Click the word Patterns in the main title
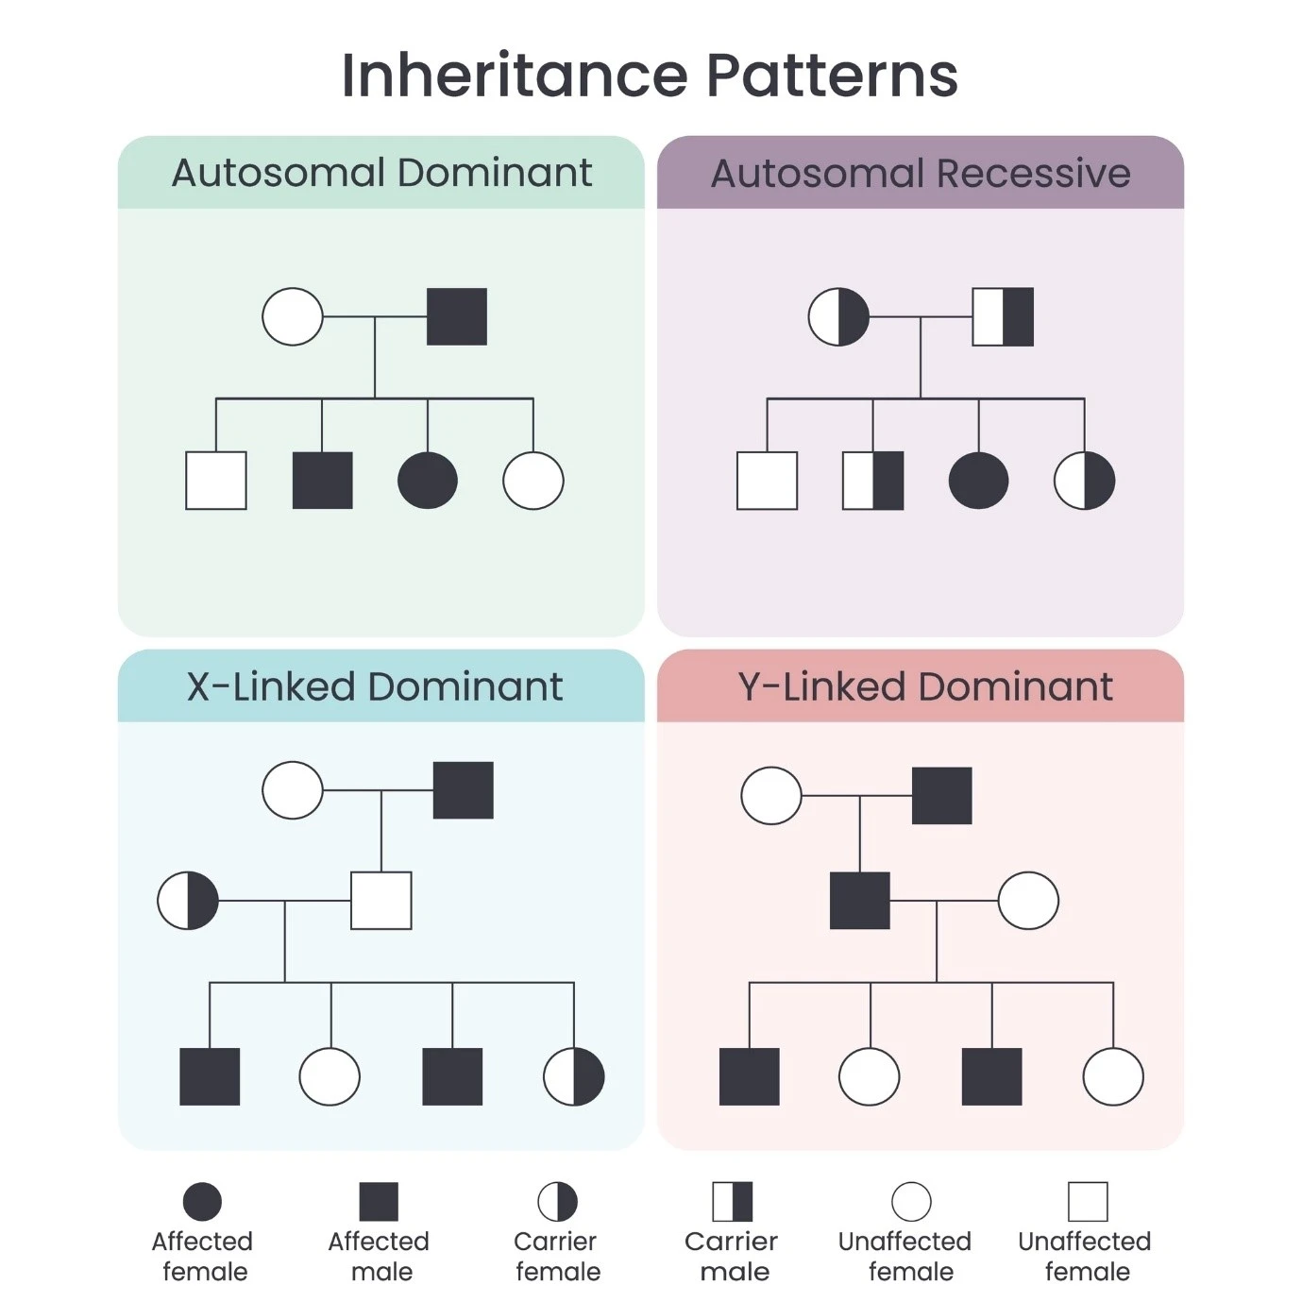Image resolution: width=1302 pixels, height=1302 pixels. coord(832,76)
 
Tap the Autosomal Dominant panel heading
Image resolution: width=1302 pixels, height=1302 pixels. coord(381,173)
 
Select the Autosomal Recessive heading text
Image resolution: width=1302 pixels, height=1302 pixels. coord(921,174)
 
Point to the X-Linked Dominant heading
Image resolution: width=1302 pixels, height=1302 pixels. coord(375,686)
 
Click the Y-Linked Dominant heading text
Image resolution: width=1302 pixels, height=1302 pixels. coord(925,686)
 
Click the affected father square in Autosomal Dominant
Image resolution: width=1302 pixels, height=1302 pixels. coord(457,316)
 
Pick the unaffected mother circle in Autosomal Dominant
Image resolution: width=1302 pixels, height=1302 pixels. coord(293,316)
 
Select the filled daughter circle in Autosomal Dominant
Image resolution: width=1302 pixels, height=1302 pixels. coord(428,481)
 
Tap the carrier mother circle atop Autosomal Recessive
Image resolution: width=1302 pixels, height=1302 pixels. coord(838,316)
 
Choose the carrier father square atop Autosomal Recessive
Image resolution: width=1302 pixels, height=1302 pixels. coord(1003,316)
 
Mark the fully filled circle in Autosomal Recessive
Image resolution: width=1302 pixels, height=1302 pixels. coord(978,481)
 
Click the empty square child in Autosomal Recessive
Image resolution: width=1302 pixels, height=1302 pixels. coord(767,481)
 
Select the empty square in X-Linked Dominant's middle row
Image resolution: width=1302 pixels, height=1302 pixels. coord(381,901)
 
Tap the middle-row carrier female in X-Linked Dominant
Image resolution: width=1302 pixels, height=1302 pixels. coord(188,901)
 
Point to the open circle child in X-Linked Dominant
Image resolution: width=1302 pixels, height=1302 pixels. coord(330,1076)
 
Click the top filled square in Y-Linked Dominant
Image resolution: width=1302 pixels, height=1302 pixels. coord(941,796)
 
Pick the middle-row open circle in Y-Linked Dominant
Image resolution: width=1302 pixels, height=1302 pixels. coord(1028,901)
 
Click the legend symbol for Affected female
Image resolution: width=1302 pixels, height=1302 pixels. coord(202,1202)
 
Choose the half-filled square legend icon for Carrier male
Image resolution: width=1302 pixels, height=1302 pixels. coord(733,1202)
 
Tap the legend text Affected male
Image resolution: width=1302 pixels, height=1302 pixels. coord(379,1256)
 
